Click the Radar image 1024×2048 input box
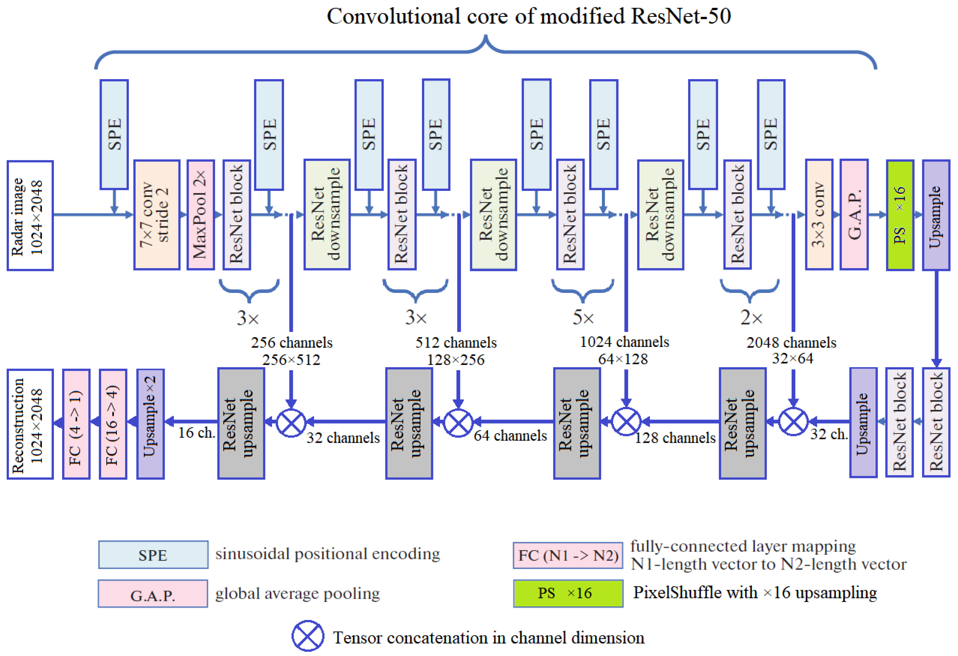pyautogui.click(x=30, y=215)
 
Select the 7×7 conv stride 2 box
pyautogui.click(x=157, y=215)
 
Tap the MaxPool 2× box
pyautogui.click(x=201, y=215)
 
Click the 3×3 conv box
pyautogui.click(x=819, y=215)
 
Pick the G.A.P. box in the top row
pyautogui.click(x=854, y=215)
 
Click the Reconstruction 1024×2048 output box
pyautogui.click(x=30, y=424)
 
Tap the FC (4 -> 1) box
pyautogui.click(x=76, y=424)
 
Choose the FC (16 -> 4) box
pyautogui.click(x=113, y=424)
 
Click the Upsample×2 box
pyautogui.click(x=150, y=424)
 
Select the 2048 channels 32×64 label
pyautogui.click(x=792, y=350)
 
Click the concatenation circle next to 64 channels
pyautogui.click(x=458, y=422)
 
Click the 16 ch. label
pyautogui.click(x=197, y=432)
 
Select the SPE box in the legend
pyautogui.click(x=153, y=555)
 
